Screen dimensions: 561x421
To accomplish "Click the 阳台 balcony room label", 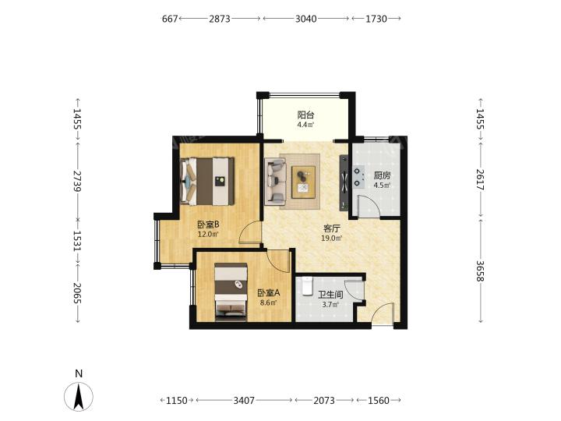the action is [x=306, y=115].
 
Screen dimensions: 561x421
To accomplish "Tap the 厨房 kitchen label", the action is [x=382, y=175].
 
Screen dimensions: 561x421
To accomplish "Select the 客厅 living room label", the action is [x=332, y=228].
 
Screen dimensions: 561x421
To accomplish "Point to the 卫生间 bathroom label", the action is [x=330, y=295].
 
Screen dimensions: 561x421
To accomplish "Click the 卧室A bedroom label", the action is [x=269, y=293].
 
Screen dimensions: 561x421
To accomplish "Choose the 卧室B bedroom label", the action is [x=208, y=225].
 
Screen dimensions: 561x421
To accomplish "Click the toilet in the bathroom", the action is [x=307, y=285].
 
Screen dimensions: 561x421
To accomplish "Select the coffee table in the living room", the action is [x=303, y=182].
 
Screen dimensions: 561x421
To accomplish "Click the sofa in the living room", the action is [x=276, y=182].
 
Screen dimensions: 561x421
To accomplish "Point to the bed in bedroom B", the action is [x=207, y=181].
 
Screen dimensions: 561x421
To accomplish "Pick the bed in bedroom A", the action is [x=231, y=292].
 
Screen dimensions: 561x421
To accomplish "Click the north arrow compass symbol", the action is [x=79, y=396].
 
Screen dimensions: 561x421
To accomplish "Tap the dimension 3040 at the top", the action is [x=306, y=19].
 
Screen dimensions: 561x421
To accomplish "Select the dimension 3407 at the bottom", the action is [x=244, y=400].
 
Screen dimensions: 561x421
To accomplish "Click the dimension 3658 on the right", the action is [x=480, y=271].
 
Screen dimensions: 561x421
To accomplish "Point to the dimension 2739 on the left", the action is [x=77, y=181].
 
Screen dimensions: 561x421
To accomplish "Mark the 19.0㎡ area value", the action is [x=332, y=238].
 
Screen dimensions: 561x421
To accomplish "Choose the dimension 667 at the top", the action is [x=170, y=19].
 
